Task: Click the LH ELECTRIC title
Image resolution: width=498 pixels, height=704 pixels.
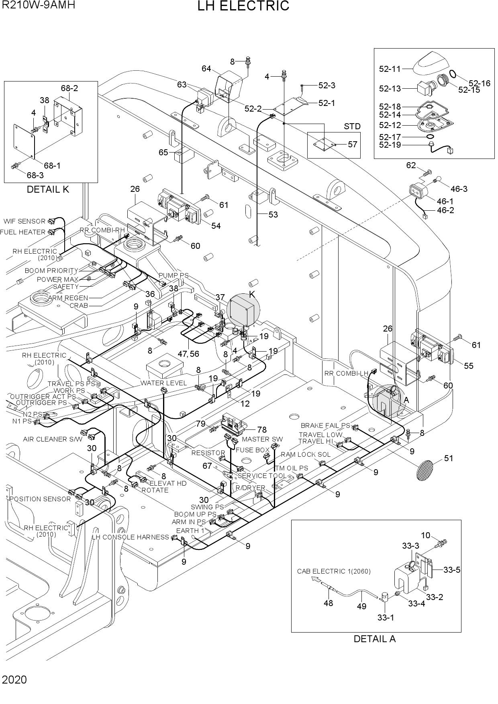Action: (243, 6)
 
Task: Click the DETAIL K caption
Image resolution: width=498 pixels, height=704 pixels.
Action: (48, 189)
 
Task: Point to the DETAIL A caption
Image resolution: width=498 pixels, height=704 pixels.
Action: (375, 639)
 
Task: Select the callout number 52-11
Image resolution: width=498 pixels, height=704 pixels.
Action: (390, 69)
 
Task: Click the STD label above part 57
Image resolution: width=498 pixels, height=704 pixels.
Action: (352, 126)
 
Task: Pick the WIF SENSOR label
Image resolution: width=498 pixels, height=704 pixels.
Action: (25, 221)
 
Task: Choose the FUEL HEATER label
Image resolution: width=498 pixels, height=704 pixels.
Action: (23, 232)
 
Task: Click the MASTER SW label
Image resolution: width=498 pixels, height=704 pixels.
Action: (262, 439)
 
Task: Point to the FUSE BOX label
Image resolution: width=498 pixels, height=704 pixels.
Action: (250, 450)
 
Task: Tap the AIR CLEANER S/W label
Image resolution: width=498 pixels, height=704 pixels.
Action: (53, 439)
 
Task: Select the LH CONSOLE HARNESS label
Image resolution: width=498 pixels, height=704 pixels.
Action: (131, 537)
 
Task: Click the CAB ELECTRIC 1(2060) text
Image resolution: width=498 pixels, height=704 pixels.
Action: (334, 571)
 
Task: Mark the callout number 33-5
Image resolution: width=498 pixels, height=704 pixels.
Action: (452, 570)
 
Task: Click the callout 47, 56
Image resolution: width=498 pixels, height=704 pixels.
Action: (188, 354)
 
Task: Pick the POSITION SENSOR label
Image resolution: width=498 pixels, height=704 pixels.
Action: (40, 499)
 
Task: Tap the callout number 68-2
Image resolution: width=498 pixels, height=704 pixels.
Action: (69, 88)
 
